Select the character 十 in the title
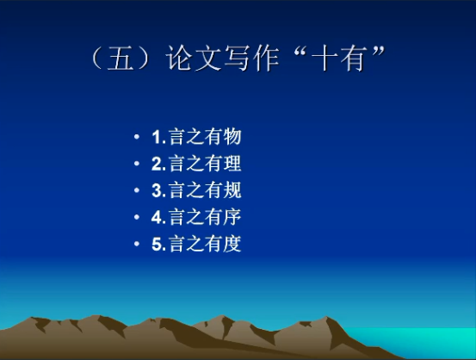tap(325, 58)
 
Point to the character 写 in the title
tap(237, 58)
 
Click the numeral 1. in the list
tap(158, 137)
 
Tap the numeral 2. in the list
tap(158, 164)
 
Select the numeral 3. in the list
tap(158, 190)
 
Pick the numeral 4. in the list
tap(158, 217)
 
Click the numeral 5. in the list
tap(158, 244)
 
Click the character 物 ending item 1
tap(232, 137)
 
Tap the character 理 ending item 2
tap(232, 164)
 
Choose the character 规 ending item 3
tap(232, 190)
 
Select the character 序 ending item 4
tap(232, 217)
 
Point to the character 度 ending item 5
tap(232, 244)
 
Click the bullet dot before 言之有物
tap(137, 137)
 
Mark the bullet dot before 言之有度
tap(137, 244)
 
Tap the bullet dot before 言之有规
tap(137, 190)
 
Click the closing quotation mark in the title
tap(378, 52)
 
